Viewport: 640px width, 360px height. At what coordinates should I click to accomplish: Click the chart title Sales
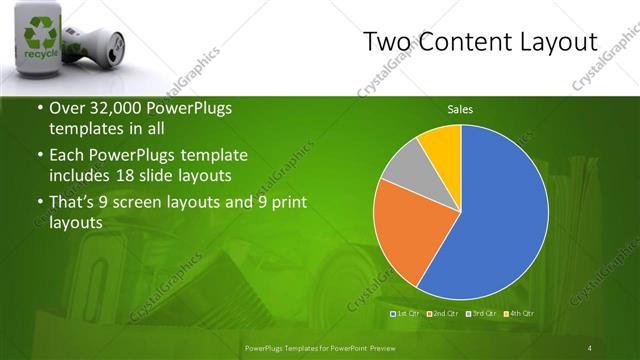click(460, 110)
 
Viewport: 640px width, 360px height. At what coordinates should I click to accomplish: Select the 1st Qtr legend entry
click(406, 314)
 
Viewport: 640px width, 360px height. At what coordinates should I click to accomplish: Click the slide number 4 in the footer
click(590, 347)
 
